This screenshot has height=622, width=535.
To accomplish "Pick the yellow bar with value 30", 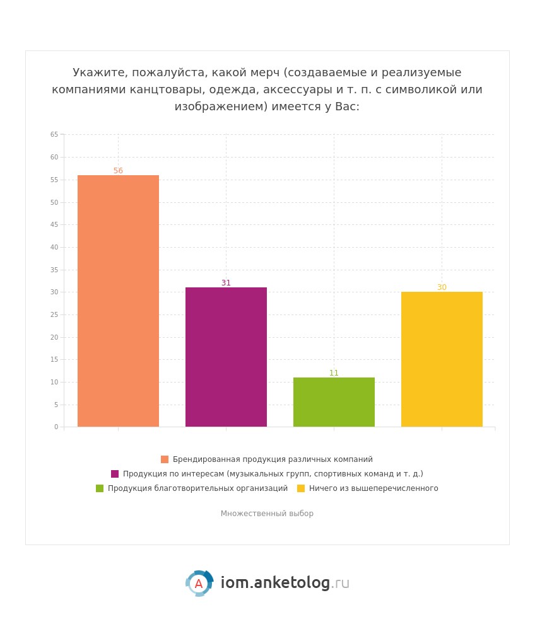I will pyautogui.click(x=442, y=359).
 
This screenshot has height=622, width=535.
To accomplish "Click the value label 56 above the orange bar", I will pyautogui.click(x=118, y=171).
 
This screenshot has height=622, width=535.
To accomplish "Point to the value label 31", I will pyautogui.click(x=226, y=283).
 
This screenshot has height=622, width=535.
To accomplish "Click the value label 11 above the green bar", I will pyautogui.click(x=334, y=373).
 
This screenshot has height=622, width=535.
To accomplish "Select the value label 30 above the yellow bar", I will pyautogui.click(x=442, y=287).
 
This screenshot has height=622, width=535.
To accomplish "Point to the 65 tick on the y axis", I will pyautogui.click(x=54, y=135).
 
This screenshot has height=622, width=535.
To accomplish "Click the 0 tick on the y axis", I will pyautogui.click(x=56, y=427).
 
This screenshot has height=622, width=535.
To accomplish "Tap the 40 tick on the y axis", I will pyautogui.click(x=54, y=247).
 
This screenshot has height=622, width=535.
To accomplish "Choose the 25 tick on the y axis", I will pyautogui.click(x=54, y=314).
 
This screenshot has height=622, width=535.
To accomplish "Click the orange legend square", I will pyautogui.click(x=165, y=459).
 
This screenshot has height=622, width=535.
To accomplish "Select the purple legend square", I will pyautogui.click(x=115, y=474).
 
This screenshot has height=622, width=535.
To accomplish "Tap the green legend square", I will pyautogui.click(x=100, y=488).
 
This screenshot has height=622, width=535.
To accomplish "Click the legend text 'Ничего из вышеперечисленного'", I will pyautogui.click(x=373, y=488).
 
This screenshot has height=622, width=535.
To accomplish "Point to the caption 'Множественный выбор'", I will pyautogui.click(x=267, y=514).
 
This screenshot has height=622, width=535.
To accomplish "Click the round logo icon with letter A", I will pyautogui.click(x=199, y=584).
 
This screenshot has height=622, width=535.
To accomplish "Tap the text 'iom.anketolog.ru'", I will pyautogui.click(x=285, y=584).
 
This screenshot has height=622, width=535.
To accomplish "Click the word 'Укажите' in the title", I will pyautogui.click(x=95, y=72).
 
